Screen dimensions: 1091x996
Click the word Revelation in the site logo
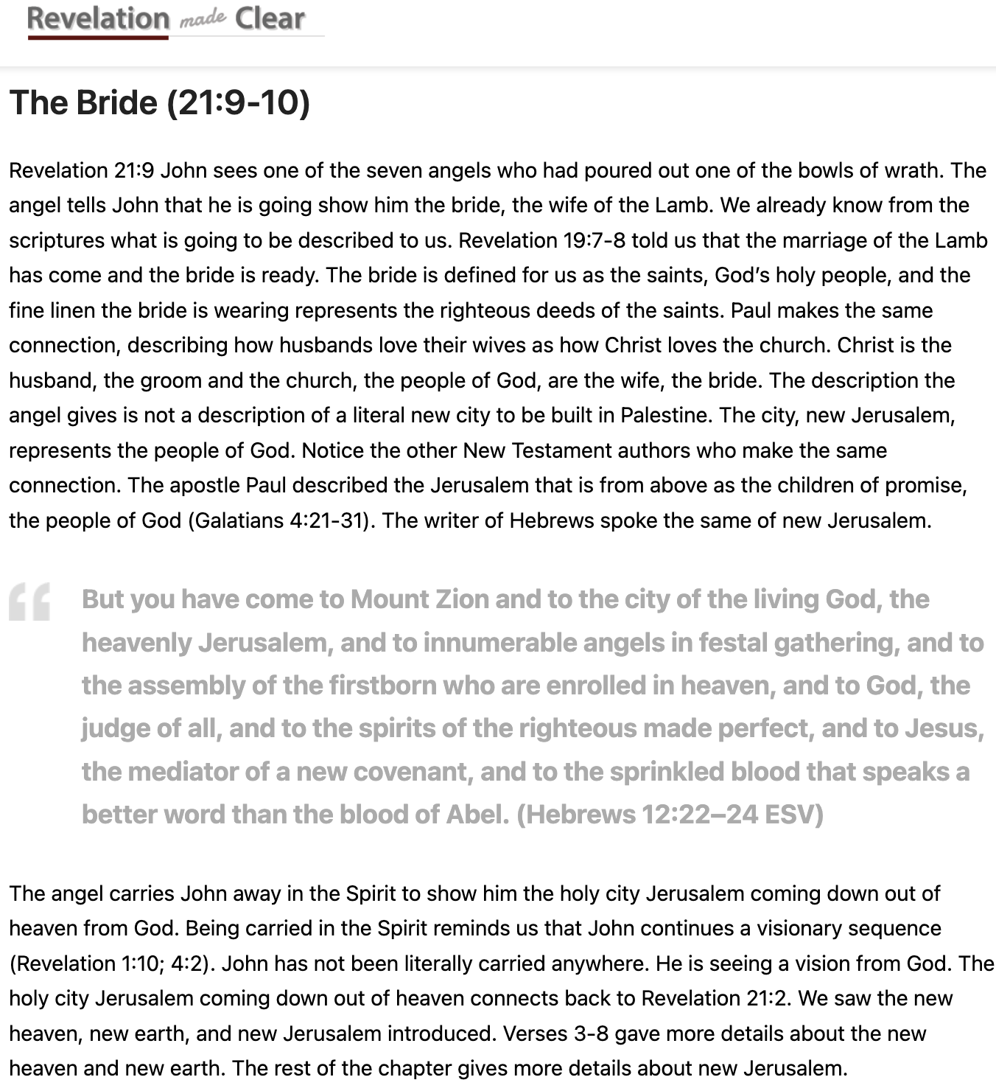click(x=97, y=18)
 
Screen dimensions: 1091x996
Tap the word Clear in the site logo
click(x=270, y=18)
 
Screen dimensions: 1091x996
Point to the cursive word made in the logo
click(x=202, y=20)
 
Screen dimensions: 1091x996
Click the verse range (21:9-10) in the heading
click(x=239, y=102)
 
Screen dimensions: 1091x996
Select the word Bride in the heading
click(x=116, y=102)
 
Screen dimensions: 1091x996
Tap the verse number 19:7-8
click(x=583, y=240)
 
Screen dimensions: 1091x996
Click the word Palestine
click(x=665, y=415)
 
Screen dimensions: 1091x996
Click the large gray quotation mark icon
click(x=30, y=602)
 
